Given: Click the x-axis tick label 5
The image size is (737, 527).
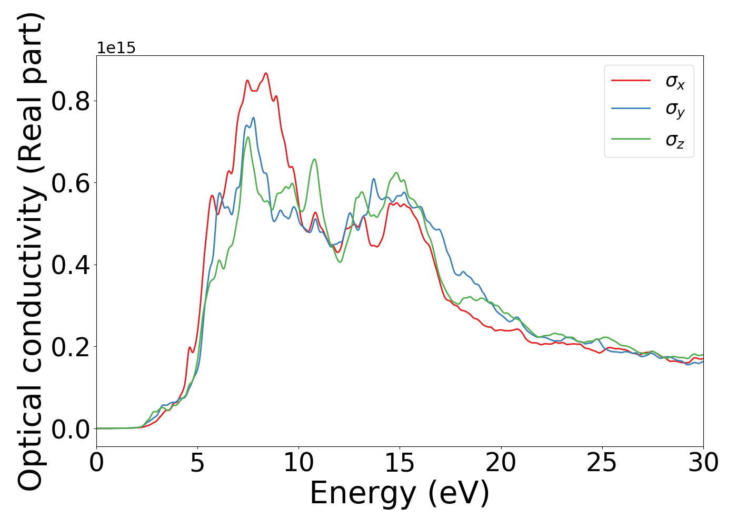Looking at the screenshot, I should click(197, 463).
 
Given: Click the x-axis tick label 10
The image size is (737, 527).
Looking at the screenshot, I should click(298, 463).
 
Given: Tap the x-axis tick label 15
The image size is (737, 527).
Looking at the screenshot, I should click(400, 463).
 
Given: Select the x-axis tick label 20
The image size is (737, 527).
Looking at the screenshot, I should click(501, 463).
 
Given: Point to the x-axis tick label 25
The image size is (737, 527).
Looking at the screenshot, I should click(602, 463).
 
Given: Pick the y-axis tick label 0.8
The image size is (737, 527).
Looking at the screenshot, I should click(71, 101).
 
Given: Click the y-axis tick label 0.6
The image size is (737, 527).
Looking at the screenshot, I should click(71, 183).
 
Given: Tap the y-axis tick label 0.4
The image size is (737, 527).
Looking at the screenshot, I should click(71, 265).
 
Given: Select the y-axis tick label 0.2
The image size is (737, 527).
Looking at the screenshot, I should click(71, 347).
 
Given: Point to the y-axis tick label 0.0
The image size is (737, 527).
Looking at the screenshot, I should click(71, 429).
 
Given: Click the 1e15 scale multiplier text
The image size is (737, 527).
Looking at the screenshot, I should click(116, 48).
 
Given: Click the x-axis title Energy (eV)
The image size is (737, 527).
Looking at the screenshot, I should click(400, 494).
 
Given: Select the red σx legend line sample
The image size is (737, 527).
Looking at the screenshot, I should click(631, 81).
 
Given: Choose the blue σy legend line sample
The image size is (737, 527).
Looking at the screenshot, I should click(631, 109).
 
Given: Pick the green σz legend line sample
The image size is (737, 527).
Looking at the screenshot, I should click(631, 139).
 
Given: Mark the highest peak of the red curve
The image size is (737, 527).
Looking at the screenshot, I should click(266, 73).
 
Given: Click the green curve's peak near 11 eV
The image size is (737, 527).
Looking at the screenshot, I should click(314, 159).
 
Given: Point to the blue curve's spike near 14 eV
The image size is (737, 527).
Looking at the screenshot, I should click(373, 179).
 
